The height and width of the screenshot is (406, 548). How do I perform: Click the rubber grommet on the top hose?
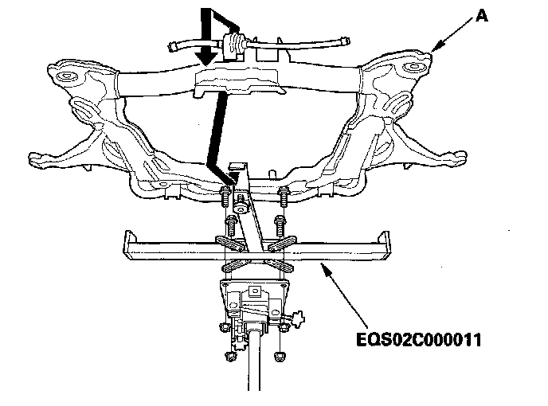click(x=233, y=44)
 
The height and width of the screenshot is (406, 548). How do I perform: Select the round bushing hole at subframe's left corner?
click(x=65, y=76)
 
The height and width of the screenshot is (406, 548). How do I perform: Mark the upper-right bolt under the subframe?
click(x=284, y=193)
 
